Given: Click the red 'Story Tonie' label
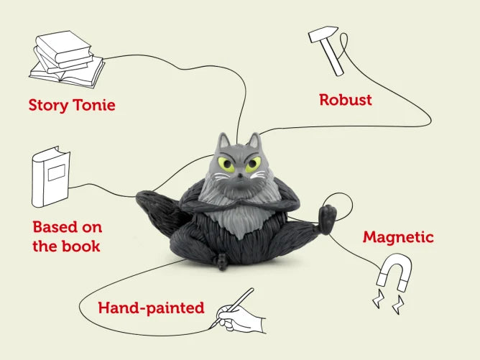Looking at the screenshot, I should click(72, 105).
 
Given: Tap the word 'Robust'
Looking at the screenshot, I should click(346, 99).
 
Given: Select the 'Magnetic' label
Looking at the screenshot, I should click(398, 236).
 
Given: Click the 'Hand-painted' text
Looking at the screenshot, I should click(151, 308).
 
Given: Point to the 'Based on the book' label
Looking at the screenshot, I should click(67, 236).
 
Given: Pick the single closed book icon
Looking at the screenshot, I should click(51, 175).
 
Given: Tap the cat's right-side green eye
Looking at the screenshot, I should click(252, 165).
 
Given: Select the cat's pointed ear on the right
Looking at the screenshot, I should click(254, 140).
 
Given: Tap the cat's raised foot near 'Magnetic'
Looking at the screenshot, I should click(328, 219).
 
